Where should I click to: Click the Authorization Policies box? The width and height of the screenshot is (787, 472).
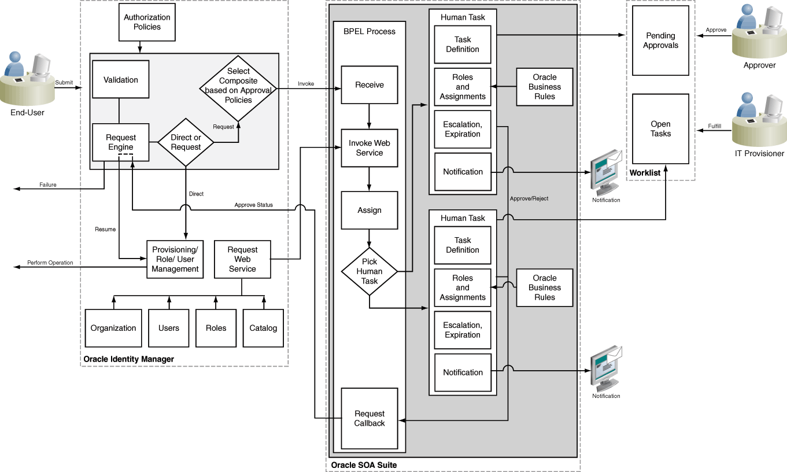tap(147, 23)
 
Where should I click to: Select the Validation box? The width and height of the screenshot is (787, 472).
tap(121, 80)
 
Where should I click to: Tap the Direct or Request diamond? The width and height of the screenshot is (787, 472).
tap(186, 142)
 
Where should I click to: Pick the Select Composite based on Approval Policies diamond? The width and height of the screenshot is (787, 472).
tap(238, 86)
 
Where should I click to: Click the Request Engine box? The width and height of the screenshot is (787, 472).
tap(121, 142)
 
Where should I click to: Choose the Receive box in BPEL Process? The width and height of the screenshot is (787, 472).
tap(370, 85)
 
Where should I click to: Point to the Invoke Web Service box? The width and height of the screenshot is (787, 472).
tap(370, 148)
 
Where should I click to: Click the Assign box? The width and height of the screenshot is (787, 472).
tap(370, 211)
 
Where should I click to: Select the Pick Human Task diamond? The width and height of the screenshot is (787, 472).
tap(370, 271)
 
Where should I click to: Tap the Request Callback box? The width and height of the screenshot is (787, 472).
tap(370, 418)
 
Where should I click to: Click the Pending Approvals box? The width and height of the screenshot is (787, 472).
tap(660, 40)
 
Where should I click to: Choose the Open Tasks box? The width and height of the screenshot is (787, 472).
tap(660, 129)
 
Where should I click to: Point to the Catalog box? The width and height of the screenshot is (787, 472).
tap(263, 328)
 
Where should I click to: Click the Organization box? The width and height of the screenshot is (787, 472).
tap(113, 328)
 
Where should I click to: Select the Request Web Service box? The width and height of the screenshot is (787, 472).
tap(242, 259)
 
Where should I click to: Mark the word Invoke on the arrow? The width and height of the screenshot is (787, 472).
tap(306, 84)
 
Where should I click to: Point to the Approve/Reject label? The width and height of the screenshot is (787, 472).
tap(529, 199)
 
